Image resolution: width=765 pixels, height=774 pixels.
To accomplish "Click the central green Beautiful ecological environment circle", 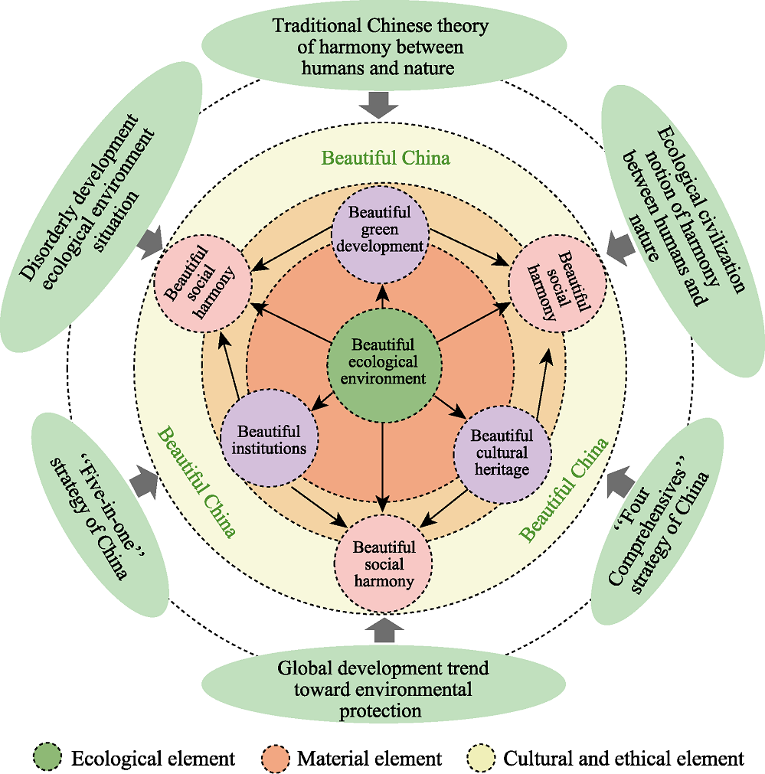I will (x=383, y=361).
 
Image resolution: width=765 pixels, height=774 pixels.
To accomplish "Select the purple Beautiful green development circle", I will (x=381, y=229).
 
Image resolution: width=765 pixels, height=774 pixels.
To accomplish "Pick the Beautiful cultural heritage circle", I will (x=502, y=453).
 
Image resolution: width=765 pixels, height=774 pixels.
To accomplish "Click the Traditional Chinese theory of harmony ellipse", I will (x=381, y=47).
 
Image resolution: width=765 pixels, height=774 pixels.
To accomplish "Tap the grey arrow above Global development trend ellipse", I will (x=381, y=630).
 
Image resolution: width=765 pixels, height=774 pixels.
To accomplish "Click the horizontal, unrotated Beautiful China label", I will (x=385, y=158).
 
